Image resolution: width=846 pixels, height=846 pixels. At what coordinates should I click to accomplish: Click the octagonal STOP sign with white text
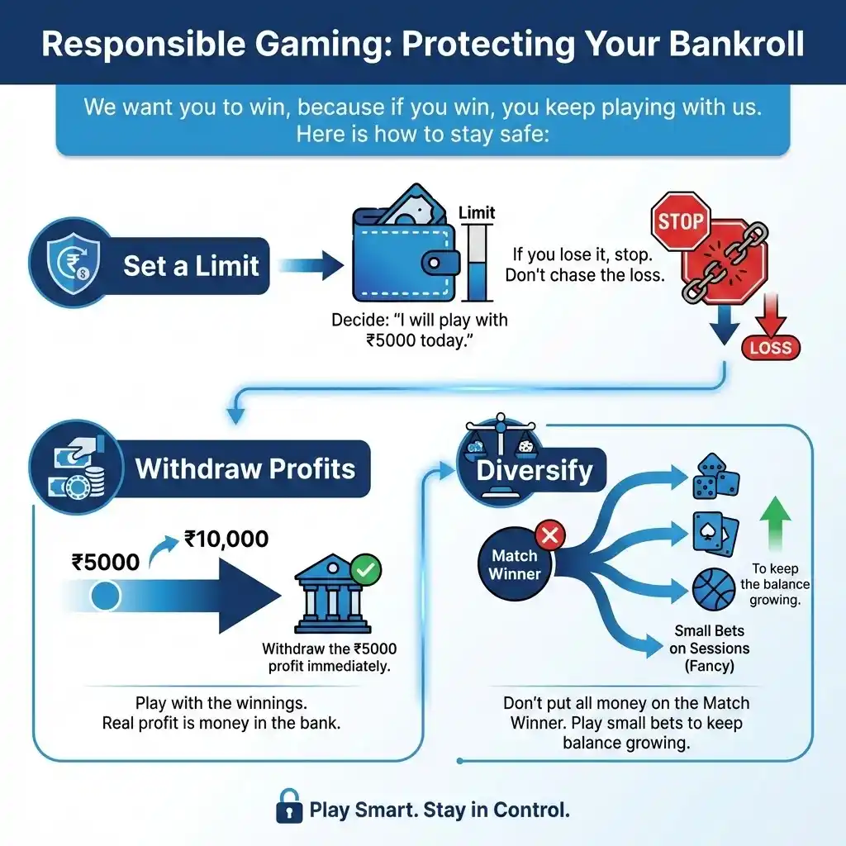point(682,221)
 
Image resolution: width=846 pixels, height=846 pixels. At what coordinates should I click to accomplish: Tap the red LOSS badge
point(770,347)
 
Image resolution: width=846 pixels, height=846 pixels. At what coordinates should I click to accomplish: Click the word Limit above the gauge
point(476,212)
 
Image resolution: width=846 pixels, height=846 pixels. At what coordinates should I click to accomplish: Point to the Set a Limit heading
point(192,266)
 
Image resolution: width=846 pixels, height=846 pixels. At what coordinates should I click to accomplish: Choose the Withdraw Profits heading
point(245,469)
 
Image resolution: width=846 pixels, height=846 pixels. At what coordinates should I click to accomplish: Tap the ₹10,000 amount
point(226,539)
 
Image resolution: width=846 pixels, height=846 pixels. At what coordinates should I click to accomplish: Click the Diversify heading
point(535,471)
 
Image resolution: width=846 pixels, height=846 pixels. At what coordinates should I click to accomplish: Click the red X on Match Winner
point(549,536)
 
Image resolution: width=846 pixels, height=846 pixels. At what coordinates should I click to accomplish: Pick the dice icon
point(715,477)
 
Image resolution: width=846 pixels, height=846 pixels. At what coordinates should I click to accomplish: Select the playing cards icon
point(715,533)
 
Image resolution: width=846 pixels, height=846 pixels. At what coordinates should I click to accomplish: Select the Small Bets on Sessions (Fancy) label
point(710,649)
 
